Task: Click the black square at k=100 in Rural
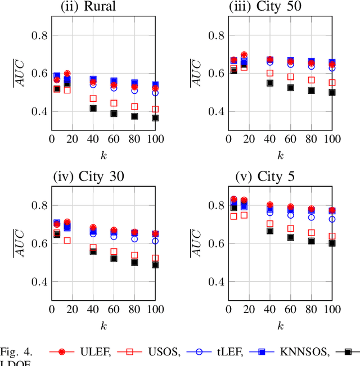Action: pyautogui.click(x=155, y=118)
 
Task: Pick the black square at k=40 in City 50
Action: pyautogui.click(x=270, y=83)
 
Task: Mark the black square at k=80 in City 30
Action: pyautogui.click(x=134, y=262)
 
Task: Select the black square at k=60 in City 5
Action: pyautogui.click(x=291, y=237)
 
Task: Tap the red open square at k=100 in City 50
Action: pyautogui.click(x=332, y=83)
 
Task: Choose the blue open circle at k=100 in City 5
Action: pyautogui.click(x=332, y=219)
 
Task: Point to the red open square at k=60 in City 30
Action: pyautogui.click(x=114, y=252)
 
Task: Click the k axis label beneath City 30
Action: pyautogui.click(x=103, y=324)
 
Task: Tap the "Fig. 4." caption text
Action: pyautogui.click(x=17, y=353)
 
